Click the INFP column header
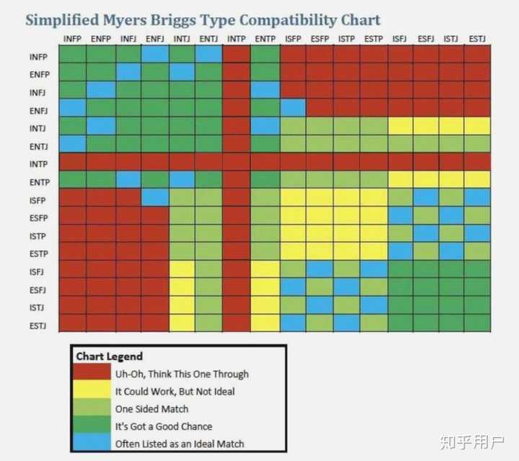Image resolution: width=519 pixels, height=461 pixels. click(x=72, y=37)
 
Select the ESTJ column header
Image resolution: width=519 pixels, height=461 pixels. click(x=476, y=37)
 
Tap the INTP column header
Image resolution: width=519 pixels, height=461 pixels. click(x=236, y=37)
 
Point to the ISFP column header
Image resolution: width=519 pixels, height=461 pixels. click(x=293, y=37)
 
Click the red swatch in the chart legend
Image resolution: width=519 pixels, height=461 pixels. click(x=92, y=375)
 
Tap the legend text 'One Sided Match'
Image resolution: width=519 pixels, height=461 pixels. click(x=151, y=408)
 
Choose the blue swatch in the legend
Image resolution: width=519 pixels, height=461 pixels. click(x=92, y=443)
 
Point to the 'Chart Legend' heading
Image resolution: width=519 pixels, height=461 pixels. click(x=110, y=357)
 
